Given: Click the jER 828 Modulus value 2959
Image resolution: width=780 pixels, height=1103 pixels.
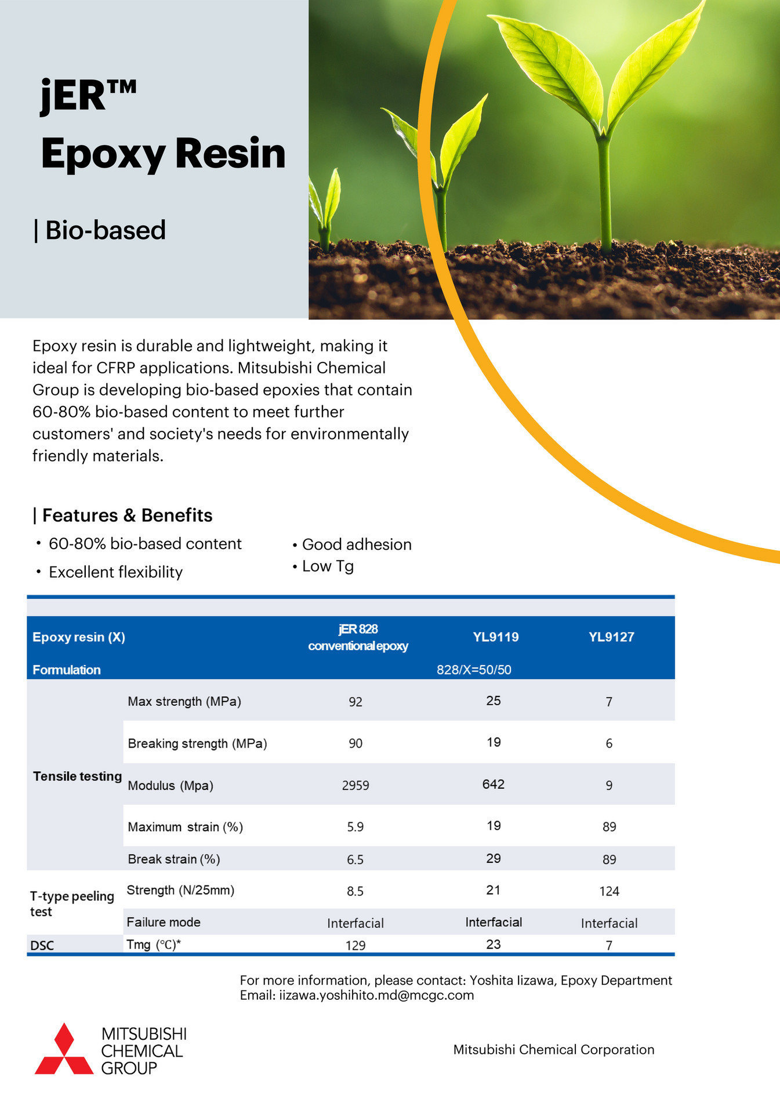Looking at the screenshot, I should click(355, 785).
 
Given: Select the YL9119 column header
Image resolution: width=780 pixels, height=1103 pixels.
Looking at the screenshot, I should click(495, 637).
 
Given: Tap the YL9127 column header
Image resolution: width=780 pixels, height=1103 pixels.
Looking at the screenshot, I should click(611, 637).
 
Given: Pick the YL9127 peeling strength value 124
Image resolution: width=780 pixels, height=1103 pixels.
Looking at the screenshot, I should click(609, 891).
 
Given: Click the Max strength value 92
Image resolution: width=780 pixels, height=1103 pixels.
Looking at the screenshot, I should click(355, 702).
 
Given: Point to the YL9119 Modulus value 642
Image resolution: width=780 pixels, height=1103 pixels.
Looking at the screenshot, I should click(494, 784).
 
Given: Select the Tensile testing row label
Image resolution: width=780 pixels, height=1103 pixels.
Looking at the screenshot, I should click(77, 776).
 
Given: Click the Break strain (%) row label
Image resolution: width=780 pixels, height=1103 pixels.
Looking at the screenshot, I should click(174, 859).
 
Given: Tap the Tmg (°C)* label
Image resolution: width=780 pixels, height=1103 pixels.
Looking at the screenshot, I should click(154, 945).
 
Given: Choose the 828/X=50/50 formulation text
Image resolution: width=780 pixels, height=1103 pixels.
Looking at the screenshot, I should click(474, 670).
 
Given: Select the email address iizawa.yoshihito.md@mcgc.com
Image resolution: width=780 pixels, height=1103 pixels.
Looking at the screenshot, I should click(376, 995).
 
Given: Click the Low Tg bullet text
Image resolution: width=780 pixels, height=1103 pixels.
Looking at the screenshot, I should click(328, 566).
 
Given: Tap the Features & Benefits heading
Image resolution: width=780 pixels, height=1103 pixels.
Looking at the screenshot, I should click(127, 515).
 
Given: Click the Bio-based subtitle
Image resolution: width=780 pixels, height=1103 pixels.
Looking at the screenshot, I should click(105, 230).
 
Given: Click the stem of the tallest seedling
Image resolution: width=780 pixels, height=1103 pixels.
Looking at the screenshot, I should click(604, 191).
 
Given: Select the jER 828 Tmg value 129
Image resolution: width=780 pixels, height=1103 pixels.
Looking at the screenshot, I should click(355, 945).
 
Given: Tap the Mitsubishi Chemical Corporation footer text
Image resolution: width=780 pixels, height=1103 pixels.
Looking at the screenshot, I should click(553, 1050).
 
